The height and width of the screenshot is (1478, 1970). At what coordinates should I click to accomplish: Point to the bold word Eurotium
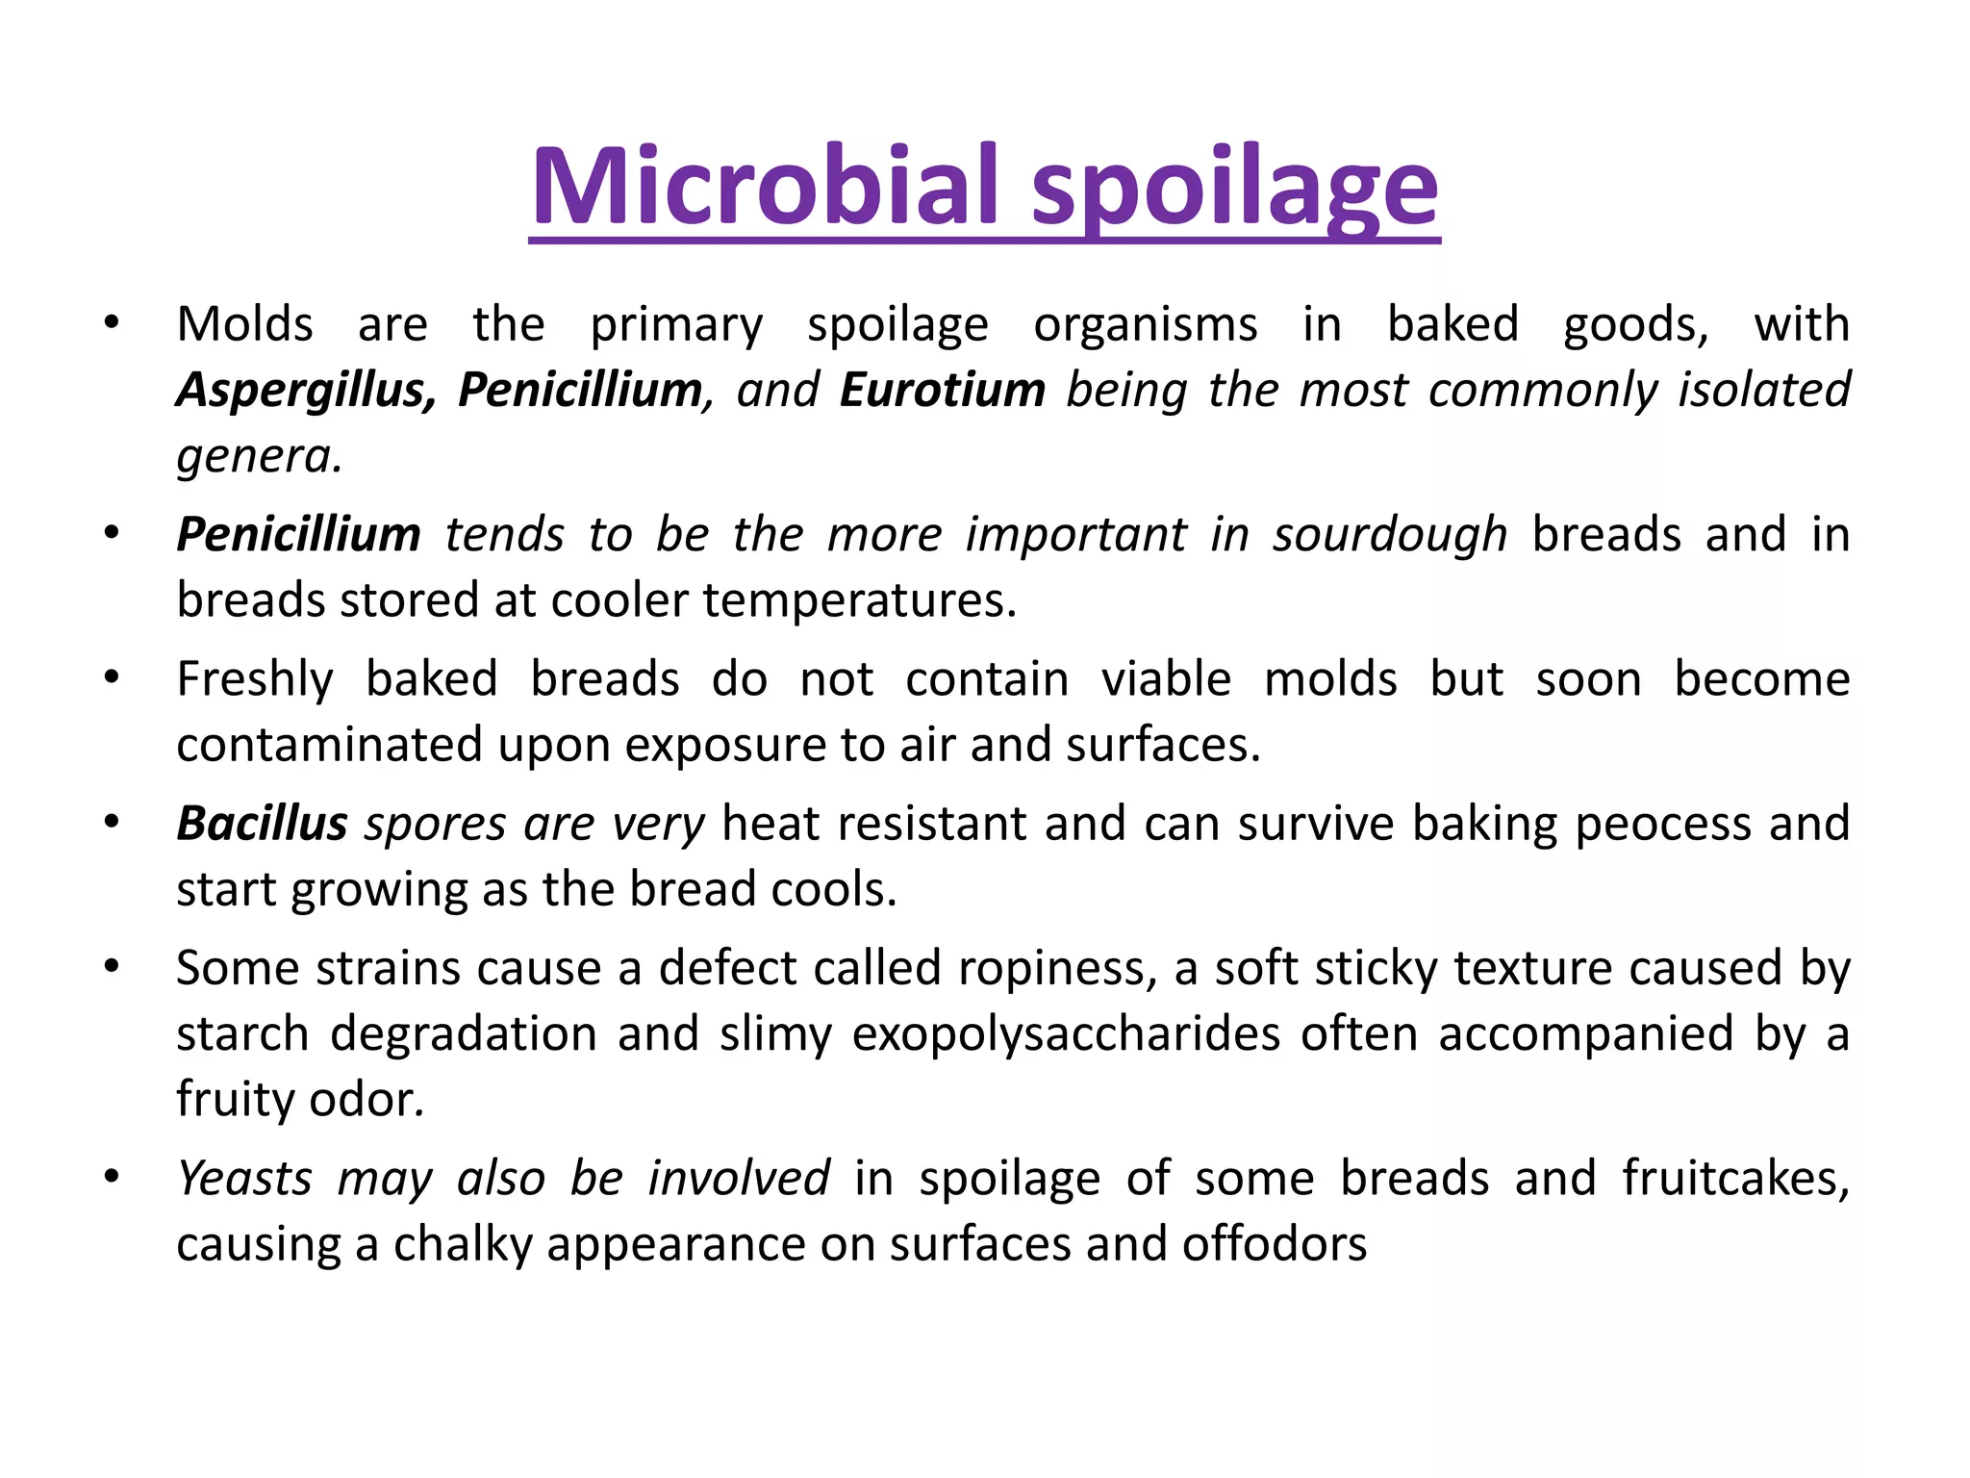[x=942, y=391]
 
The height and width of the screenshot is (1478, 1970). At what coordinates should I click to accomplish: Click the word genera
[x=259, y=456]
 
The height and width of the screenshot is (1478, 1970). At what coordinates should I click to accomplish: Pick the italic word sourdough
[x=1390, y=535]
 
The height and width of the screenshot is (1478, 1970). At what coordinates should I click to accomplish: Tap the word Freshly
[x=255, y=680]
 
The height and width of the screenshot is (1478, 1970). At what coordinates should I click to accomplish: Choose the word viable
[x=1166, y=679]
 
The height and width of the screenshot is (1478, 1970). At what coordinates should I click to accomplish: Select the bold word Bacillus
[x=262, y=824]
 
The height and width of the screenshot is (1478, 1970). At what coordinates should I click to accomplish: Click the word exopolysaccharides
[x=1066, y=1035]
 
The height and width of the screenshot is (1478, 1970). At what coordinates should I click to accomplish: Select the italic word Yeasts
[x=245, y=1179]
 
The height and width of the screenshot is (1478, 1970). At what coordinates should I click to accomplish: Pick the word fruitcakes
[x=1735, y=1179]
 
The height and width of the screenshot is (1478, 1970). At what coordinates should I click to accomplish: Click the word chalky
[x=463, y=1245]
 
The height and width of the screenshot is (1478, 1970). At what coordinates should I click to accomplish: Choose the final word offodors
[x=1274, y=1244]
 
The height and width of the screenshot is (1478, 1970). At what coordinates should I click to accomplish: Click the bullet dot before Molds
[x=113, y=323]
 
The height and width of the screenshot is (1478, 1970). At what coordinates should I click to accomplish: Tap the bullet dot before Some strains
[x=113, y=967]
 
